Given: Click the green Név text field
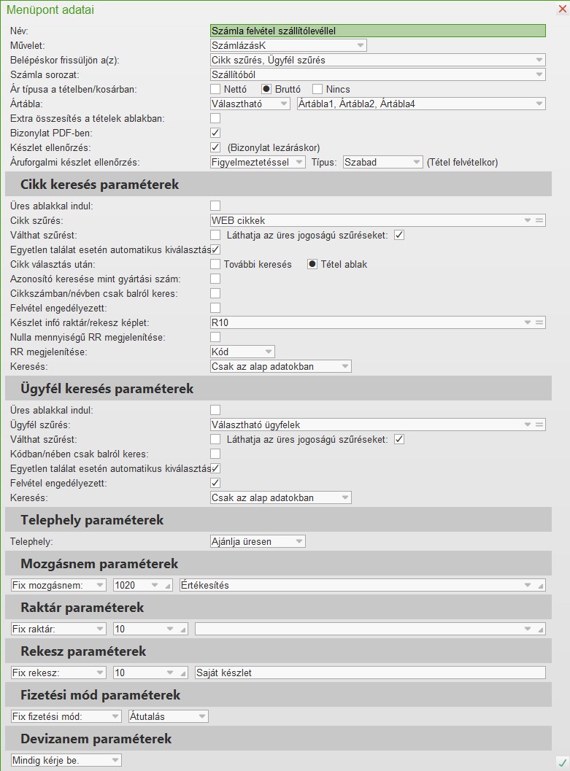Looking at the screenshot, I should click(377, 31).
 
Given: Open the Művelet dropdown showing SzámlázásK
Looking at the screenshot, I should click(288, 45).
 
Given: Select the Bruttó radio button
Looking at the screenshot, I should click(266, 89).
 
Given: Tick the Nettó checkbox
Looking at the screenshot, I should click(215, 89).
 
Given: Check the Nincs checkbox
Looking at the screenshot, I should click(317, 89).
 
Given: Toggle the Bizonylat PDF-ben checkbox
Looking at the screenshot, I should click(215, 133).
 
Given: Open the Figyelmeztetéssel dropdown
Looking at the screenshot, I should click(257, 162).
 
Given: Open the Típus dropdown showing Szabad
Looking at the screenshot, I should click(382, 162).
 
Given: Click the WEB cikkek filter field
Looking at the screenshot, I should click(369, 220).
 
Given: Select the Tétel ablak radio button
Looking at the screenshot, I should click(312, 264).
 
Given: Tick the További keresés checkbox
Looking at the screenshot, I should click(215, 264).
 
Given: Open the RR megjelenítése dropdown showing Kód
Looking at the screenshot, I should click(242, 352).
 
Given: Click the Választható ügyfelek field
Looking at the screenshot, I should click(369, 425).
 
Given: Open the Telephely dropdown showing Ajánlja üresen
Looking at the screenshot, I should click(257, 541).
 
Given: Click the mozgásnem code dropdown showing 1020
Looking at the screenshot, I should click(139, 585).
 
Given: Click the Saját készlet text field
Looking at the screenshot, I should click(370, 673).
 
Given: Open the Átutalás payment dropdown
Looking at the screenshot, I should click(168, 716).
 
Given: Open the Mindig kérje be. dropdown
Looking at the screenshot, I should click(66, 760).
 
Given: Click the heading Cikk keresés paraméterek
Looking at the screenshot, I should click(99, 185).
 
